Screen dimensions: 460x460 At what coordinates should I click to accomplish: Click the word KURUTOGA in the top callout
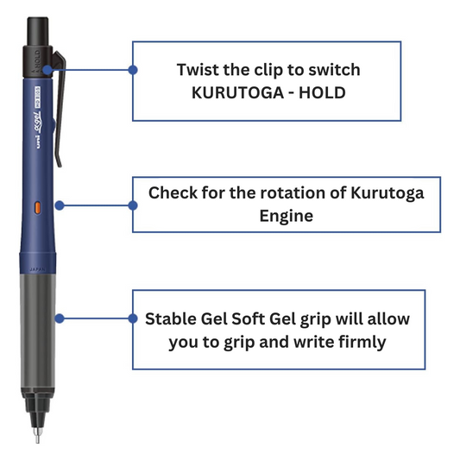point(237,93)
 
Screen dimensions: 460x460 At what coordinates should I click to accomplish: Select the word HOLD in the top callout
point(322,93)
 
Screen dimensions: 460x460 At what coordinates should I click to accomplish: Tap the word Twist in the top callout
point(198,70)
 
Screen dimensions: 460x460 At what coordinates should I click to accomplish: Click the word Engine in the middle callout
point(287,217)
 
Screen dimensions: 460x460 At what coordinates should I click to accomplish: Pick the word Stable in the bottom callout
point(170,318)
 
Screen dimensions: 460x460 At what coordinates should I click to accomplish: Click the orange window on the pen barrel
point(38,207)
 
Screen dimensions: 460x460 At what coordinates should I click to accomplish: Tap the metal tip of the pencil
point(37,435)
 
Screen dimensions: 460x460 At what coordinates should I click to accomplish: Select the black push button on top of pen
point(38,31)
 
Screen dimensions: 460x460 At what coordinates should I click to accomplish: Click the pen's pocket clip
point(60,109)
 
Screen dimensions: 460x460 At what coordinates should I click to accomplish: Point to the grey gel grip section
point(38,331)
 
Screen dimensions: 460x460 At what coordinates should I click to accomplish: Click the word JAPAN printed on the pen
point(37,269)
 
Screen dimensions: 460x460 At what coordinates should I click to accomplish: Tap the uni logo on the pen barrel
point(38,142)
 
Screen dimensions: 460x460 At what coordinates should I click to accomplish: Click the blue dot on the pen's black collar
point(47,70)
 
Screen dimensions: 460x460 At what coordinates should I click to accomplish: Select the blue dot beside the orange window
point(60,205)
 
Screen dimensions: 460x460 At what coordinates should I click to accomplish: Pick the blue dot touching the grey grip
point(60,318)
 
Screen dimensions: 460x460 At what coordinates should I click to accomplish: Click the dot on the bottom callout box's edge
point(133,318)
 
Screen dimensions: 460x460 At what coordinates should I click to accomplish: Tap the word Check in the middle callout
point(173,193)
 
